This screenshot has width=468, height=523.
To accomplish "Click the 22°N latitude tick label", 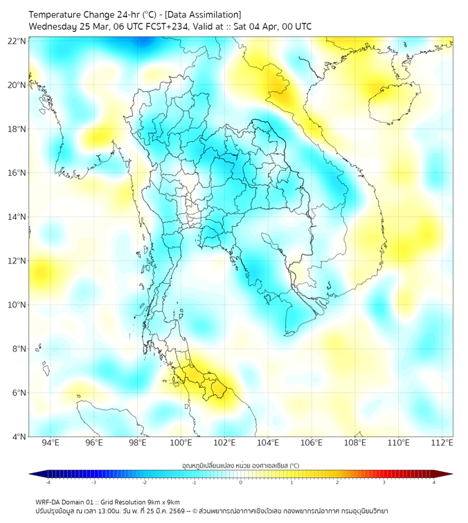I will click(17, 41).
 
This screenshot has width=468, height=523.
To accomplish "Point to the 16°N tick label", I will click(17, 172).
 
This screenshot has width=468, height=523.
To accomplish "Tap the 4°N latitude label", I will click(19, 437).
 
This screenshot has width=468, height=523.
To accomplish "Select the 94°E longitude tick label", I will click(51, 443).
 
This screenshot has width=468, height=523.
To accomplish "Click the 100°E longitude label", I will click(181, 443).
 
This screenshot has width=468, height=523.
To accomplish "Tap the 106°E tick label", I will click(312, 443).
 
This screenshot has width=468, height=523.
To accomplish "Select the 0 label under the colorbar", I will click(241, 482).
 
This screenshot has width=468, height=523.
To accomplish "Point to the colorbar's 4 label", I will click(434, 482).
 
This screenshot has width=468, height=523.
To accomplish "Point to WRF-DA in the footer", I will click(48, 502).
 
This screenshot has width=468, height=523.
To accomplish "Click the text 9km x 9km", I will click(163, 502).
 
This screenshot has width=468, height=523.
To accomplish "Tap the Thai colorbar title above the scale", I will click(240, 465).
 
